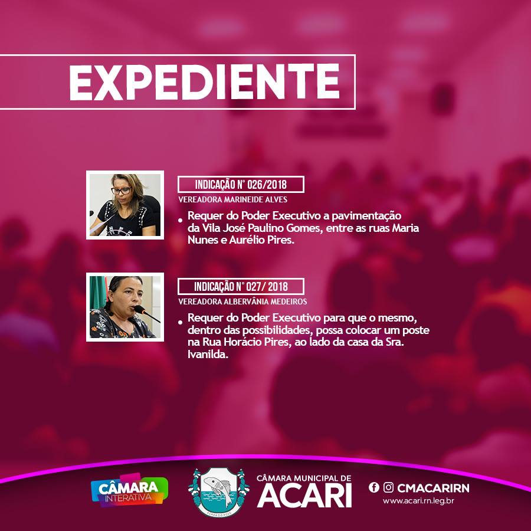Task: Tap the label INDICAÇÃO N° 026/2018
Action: [x=241, y=184]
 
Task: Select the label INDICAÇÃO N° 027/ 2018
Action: [x=241, y=287]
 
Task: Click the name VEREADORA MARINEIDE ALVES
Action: [x=232, y=200]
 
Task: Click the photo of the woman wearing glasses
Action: [x=125, y=205]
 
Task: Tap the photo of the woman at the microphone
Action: [x=125, y=307]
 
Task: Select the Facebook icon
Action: [x=373, y=487]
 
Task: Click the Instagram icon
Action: [x=388, y=487]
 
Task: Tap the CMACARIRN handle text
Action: [x=433, y=488]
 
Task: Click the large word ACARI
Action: [x=304, y=496]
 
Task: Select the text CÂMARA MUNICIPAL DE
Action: [x=304, y=477]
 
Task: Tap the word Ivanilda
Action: [x=206, y=356]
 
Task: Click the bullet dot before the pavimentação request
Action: [x=180, y=220]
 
